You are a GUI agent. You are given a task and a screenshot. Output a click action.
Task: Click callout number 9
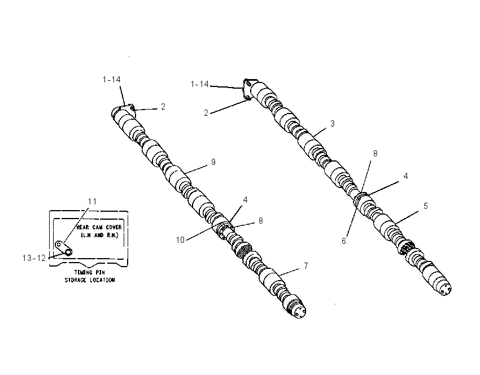coord(213,162)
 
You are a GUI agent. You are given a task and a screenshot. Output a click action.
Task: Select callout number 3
coord(333,124)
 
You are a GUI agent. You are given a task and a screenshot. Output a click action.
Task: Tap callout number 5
coord(426,206)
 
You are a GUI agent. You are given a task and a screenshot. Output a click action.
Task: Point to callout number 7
coord(306,266)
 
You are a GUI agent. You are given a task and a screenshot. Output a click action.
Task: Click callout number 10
coord(180,240)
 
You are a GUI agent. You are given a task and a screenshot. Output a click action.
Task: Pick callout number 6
coord(344,241)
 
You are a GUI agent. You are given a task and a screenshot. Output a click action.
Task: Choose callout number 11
coord(92,202)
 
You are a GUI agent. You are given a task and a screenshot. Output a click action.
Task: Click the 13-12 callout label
coord(34,258)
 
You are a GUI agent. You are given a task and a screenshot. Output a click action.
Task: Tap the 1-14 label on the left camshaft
coord(111,80)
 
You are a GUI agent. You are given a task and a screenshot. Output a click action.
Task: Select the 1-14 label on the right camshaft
coord(199,84)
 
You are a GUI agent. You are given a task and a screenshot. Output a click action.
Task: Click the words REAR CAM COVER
coord(99,228)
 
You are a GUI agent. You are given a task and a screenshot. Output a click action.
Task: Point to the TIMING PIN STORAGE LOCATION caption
coord(90,276)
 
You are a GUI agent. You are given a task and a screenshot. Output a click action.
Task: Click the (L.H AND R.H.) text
coord(99,236)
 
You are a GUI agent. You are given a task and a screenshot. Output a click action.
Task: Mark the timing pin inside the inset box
coord(64,248)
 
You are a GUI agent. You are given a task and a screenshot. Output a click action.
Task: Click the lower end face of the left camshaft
coord(299,312)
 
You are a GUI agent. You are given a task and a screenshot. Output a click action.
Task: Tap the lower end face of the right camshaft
coord(445,289)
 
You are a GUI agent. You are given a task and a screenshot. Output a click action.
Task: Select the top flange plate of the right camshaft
coord(247,89)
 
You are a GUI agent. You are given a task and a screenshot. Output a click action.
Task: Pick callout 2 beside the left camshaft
coord(163,107)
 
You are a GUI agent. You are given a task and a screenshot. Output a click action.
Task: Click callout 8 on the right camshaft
coord(376,154)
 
